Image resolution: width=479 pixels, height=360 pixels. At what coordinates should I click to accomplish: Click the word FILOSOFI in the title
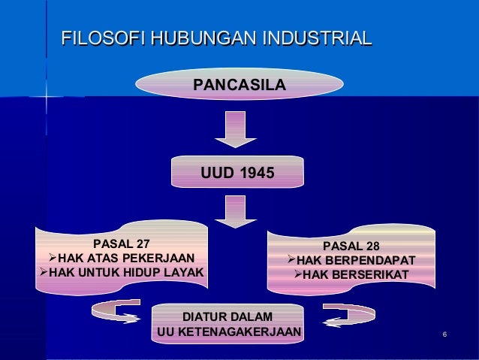(103, 38)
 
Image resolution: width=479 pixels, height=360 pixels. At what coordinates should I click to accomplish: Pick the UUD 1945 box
(237, 174)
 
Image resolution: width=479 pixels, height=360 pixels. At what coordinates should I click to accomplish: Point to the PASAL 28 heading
(351, 247)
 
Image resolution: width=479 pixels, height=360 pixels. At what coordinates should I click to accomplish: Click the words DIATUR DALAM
(228, 317)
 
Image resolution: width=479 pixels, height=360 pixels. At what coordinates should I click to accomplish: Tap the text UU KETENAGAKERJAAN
(228, 331)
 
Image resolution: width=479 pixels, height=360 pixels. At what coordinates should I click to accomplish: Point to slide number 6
(446, 334)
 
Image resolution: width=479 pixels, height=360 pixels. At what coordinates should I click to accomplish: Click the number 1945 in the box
(258, 174)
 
